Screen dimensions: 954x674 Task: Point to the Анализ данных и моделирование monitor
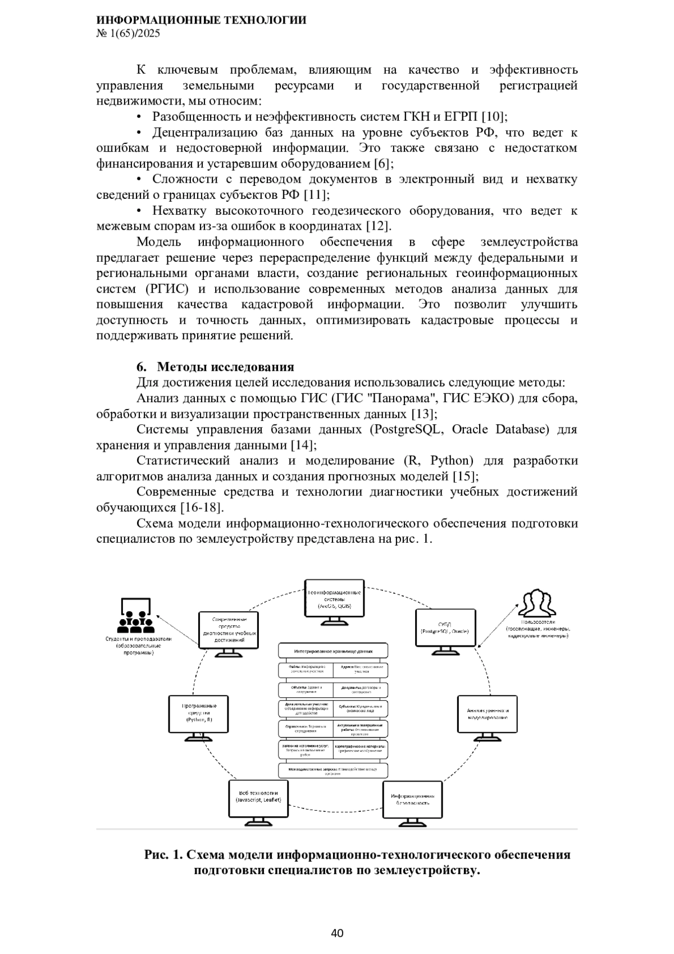click(x=487, y=714)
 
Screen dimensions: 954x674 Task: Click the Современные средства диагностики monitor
click(x=229, y=631)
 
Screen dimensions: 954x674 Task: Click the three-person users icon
click(x=536, y=603)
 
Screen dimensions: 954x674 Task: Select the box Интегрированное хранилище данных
click(x=333, y=651)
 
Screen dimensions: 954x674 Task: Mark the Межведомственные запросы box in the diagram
click(x=333, y=770)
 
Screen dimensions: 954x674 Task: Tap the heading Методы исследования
click(x=225, y=367)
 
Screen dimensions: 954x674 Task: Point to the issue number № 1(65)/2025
click(x=129, y=34)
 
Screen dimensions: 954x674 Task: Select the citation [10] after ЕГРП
click(x=494, y=117)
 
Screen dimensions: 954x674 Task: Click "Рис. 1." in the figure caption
click(x=163, y=855)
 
